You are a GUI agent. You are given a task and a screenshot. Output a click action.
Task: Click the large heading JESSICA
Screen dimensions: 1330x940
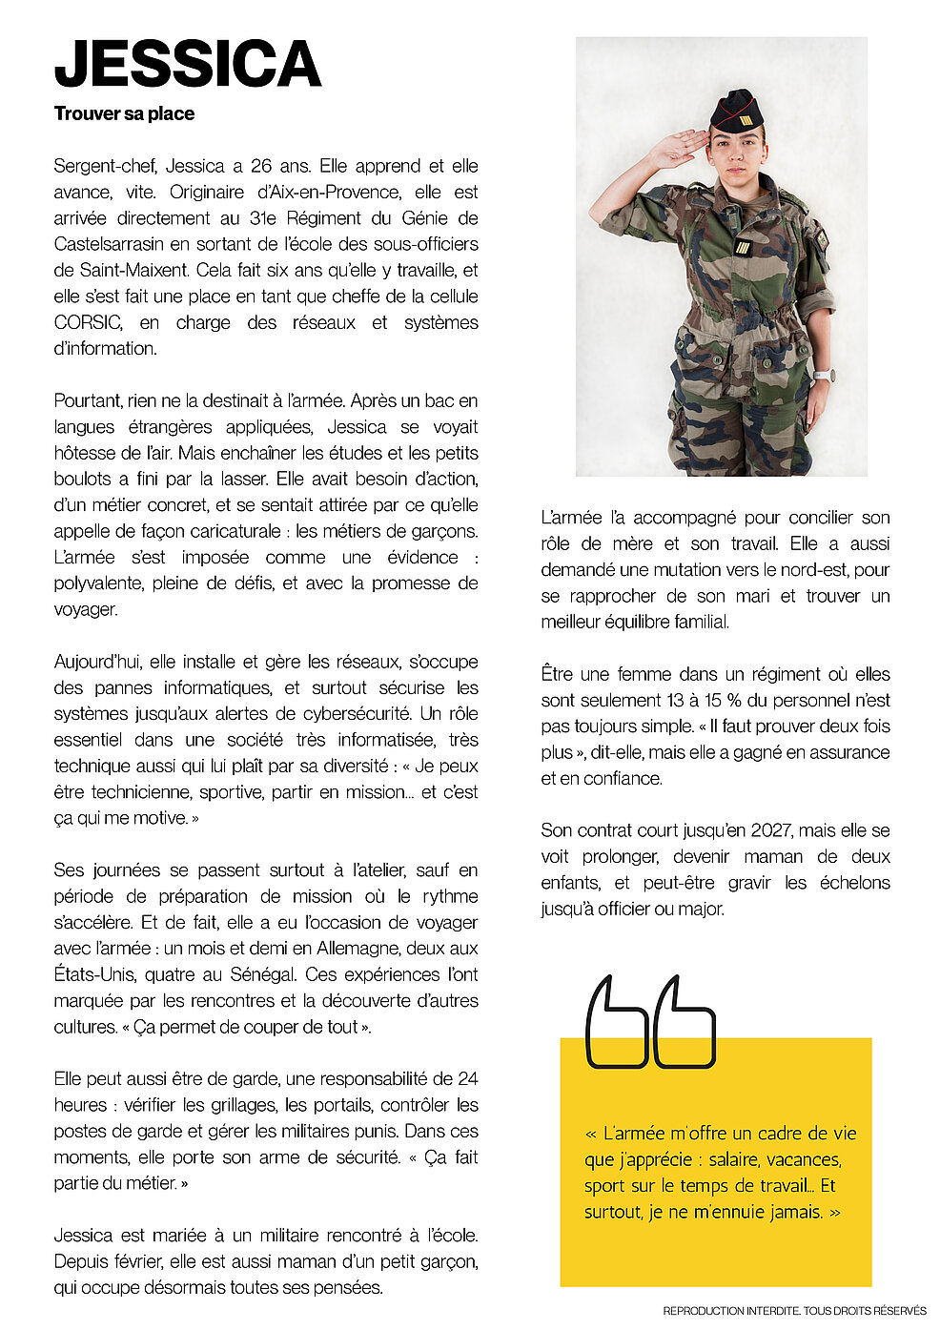tap(188, 64)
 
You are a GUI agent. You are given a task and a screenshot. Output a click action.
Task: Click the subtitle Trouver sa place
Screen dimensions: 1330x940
tap(124, 113)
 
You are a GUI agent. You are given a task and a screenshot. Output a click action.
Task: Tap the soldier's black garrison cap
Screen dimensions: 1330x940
tap(736, 112)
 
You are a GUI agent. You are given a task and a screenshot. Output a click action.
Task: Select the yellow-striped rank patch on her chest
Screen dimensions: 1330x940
tap(743, 247)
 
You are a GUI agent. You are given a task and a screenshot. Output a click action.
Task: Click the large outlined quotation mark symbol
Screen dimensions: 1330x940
tap(649, 1021)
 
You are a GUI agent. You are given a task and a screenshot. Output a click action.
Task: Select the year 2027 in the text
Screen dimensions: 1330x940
tap(771, 830)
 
